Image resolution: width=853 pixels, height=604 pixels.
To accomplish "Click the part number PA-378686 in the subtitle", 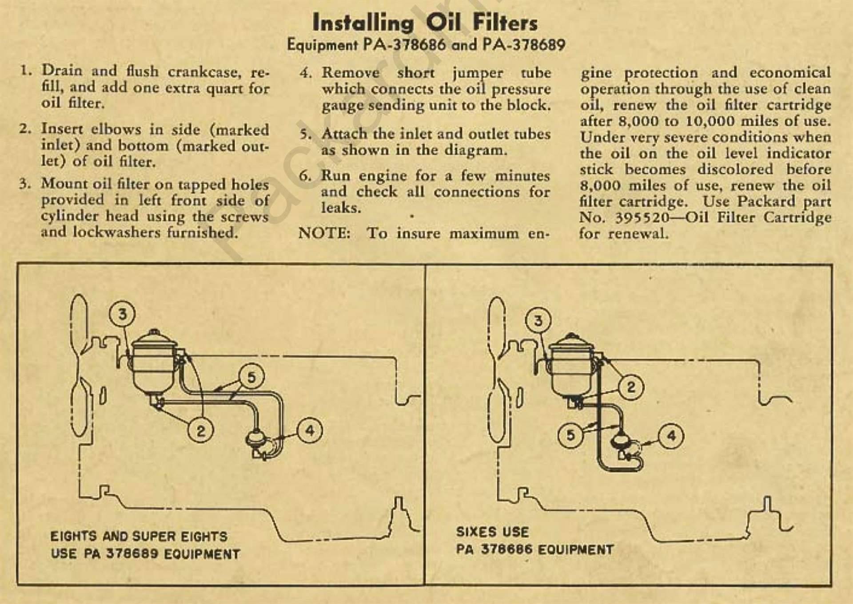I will coord(404,45).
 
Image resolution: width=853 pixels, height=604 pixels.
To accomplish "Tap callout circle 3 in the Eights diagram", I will coord(122,314).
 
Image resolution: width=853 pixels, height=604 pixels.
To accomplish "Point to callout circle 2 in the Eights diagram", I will coord(201,430).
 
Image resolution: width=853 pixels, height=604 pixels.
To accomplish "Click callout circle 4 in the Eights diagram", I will coord(310,430).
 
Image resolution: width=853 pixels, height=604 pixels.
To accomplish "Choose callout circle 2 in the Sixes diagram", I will coord(630,387).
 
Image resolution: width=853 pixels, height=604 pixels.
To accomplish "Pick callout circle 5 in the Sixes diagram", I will coord(571,435).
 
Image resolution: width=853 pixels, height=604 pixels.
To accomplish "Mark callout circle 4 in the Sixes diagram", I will coord(671,436).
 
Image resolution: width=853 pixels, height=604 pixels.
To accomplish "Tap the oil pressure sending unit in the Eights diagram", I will coord(255,439).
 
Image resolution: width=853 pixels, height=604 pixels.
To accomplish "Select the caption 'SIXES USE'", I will coord(492,532).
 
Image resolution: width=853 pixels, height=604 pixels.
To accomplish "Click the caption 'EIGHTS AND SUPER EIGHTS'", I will coord(139,536).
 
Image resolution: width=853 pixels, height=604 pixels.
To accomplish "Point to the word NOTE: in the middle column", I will coord(324,233).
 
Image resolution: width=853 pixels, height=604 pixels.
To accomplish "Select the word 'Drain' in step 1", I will coord(62,71).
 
